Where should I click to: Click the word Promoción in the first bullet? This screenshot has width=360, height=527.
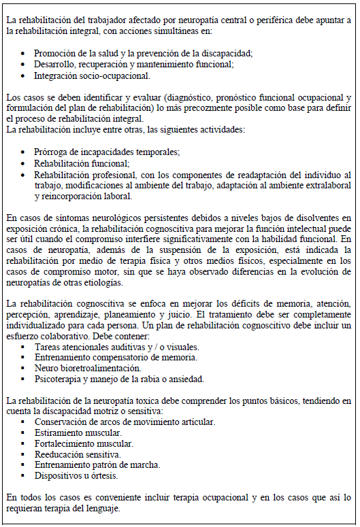(55, 54)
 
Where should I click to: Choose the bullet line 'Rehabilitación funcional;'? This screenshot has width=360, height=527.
(82, 163)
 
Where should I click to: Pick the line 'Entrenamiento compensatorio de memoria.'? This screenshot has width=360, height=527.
(116, 357)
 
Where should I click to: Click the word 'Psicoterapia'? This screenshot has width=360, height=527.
(59, 379)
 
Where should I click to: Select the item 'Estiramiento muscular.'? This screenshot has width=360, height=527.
(78, 432)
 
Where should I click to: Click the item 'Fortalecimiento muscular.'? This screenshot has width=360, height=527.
(84, 443)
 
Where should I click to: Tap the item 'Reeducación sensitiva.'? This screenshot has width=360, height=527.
(78, 454)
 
